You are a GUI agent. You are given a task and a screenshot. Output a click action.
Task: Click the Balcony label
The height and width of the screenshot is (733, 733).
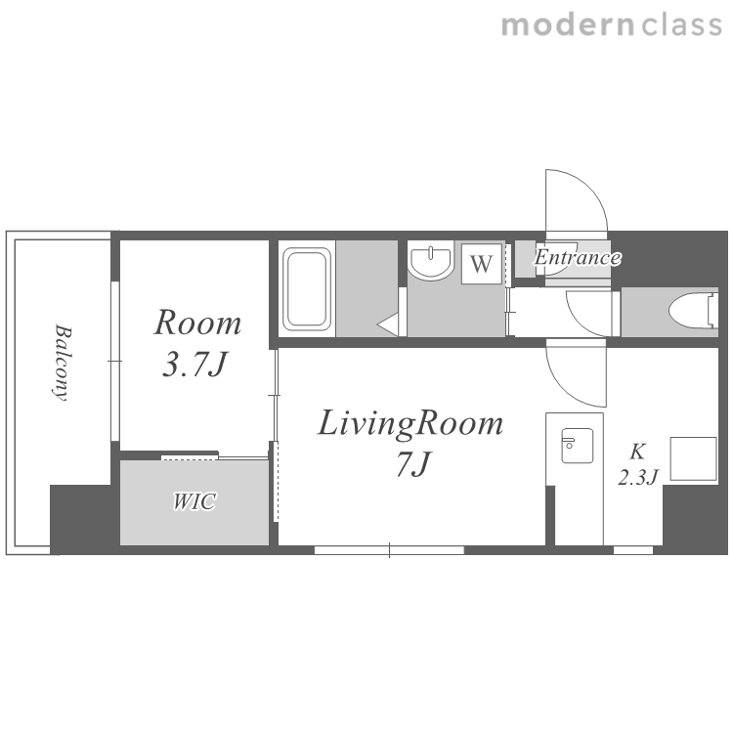point(62,363)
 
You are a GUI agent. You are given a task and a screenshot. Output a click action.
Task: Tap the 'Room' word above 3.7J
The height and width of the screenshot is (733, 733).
point(197,323)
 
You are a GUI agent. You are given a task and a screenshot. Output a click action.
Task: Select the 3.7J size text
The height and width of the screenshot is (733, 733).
point(194,364)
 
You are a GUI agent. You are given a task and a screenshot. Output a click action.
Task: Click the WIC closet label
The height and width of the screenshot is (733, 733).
point(194,501)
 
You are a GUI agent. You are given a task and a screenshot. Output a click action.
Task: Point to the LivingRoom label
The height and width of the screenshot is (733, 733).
point(410,424)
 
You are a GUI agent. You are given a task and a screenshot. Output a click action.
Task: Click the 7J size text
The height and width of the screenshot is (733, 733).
point(413,464)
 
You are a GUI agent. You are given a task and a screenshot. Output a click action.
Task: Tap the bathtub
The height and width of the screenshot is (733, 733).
point(307,289)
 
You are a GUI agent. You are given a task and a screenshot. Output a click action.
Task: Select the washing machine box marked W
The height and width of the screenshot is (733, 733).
point(482,264)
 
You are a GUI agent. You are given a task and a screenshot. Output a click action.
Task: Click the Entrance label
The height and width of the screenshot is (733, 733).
point(578,257)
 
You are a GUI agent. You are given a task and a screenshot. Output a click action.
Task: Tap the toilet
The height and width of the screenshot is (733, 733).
point(693,311)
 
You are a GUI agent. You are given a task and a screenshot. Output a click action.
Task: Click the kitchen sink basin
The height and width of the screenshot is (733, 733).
point(578,446)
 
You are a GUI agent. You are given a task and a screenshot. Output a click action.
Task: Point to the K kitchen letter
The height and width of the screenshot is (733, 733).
point(637,453)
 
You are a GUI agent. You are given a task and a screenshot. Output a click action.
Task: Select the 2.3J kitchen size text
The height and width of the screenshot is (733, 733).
point(638,477)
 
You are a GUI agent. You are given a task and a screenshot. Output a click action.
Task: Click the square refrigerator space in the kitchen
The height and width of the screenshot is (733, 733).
point(694,458)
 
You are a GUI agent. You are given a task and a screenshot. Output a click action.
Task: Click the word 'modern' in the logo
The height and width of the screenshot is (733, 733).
point(568,25)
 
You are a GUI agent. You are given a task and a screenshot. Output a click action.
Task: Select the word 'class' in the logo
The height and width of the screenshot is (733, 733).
point(681,25)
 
